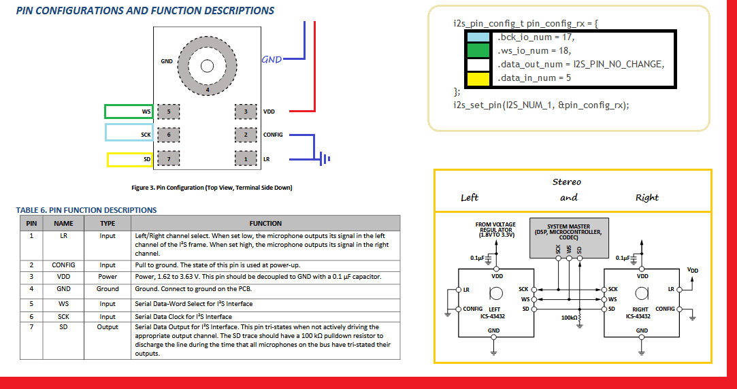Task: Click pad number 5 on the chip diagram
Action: coord(168,112)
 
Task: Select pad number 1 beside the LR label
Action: coord(246,158)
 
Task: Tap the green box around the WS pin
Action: coord(129,112)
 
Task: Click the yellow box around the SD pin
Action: coord(130,160)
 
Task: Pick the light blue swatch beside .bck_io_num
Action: coord(478,37)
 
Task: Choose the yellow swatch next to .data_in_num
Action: coord(478,78)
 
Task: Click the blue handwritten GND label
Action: coord(272,60)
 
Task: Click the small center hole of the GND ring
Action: coord(207,66)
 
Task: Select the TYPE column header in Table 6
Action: coord(107,223)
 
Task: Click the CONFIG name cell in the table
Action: coord(63,265)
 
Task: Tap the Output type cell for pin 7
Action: coord(107,327)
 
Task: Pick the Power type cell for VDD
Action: coord(107,277)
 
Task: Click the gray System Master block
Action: coord(569,238)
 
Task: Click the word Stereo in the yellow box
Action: coord(566,182)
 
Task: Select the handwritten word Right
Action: coord(646,198)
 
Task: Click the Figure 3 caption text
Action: coord(212,188)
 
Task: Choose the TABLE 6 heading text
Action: coord(86,210)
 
